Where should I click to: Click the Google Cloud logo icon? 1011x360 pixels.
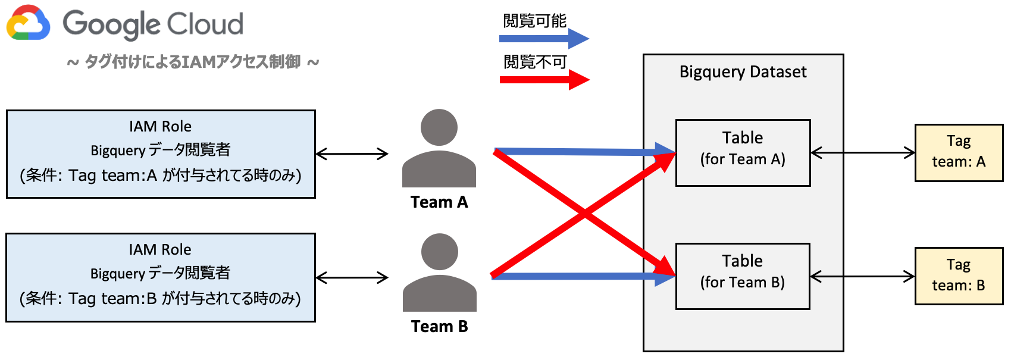tap(28, 23)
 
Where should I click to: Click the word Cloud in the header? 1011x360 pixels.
tap(203, 24)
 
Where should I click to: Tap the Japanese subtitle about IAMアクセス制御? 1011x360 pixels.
tap(193, 62)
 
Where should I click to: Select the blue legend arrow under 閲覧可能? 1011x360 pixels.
tap(543, 39)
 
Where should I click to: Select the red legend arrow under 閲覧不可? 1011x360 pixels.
tap(543, 80)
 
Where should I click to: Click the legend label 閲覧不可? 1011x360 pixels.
tap(535, 62)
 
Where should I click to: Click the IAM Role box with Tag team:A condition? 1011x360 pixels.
tap(161, 154)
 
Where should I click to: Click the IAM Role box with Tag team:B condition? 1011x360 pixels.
tap(161, 277)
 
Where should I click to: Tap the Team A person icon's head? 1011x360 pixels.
tap(439, 127)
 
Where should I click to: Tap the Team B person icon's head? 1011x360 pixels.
tap(440, 252)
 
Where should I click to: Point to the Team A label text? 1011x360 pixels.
tap(439, 202)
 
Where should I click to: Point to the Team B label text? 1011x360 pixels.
tap(439, 327)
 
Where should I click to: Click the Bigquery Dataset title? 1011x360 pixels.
tap(743, 72)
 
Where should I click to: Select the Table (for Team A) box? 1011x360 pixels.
tap(743, 153)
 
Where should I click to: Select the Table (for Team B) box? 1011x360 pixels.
tap(743, 276)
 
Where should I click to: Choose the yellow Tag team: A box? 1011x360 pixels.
tap(959, 153)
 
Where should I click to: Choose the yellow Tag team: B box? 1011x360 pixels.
tap(959, 276)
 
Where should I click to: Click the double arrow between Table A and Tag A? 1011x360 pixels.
tap(863, 153)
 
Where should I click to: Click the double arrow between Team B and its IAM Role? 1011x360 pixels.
tap(352, 277)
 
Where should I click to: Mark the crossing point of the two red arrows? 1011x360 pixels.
tap(584, 214)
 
